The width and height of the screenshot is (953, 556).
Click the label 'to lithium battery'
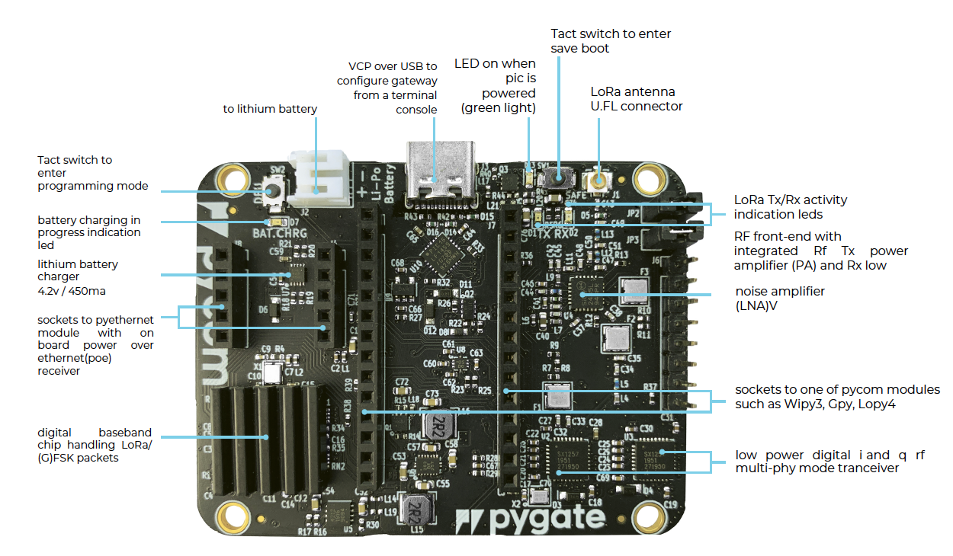[270, 109]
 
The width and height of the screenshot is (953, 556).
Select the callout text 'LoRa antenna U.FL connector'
[637, 99]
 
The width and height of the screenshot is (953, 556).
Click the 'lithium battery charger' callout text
[79, 276]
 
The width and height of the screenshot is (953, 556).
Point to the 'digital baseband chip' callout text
[96, 444]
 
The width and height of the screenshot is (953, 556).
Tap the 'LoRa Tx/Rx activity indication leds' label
[790, 207]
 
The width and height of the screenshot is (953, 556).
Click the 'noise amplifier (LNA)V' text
[780, 299]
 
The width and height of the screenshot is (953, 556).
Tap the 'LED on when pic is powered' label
[496, 85]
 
